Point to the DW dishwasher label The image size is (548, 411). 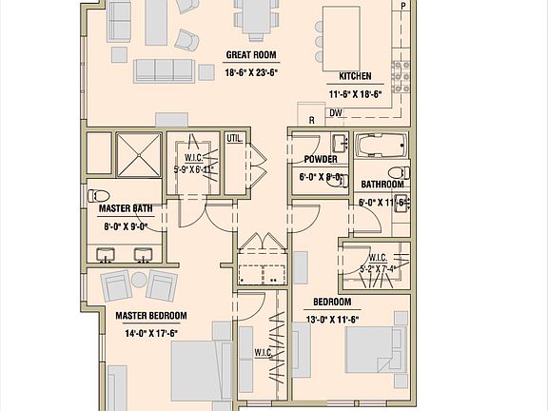tap(336, 112)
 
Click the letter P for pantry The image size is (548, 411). tap(403, 7)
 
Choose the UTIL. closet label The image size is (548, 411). tap(234, 139)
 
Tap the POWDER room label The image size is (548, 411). tap(321, 160)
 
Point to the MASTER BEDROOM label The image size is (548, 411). tap(150, 316)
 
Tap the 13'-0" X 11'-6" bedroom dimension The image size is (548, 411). tap(332, 319)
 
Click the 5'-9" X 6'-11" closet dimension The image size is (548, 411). tap(193, 169)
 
